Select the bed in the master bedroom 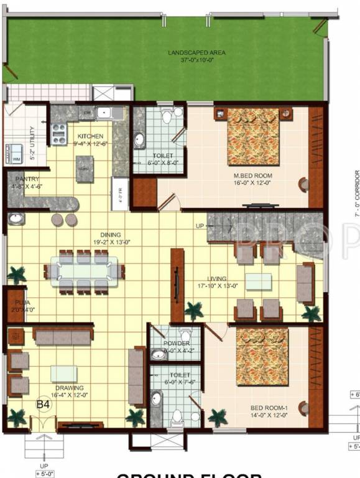pos(253,136)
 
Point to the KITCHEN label pos(90,136)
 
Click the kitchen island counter pos(85,169)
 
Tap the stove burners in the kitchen pos(59,134)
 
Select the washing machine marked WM pos(14,154)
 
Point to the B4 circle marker pos(43,405)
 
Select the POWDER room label pos(177,344)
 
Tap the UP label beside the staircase pos(200,225)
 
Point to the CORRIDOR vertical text pos(356,193)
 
